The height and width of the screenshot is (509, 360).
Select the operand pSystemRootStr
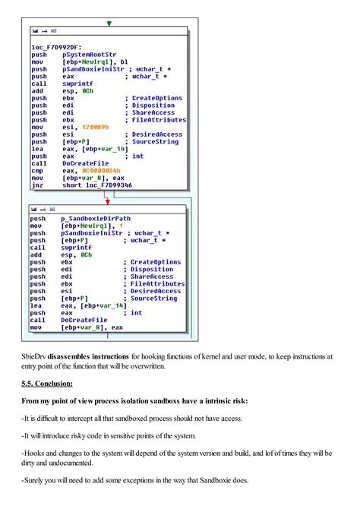click(83, 55)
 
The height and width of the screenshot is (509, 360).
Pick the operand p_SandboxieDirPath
click(96, 218)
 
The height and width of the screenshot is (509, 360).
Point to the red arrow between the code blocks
click(107, 199)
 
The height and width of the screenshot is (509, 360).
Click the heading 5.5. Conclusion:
click(47, 384)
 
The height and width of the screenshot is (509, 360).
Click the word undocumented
click(84, 466)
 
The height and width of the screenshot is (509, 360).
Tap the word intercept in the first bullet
click(83, 419)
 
